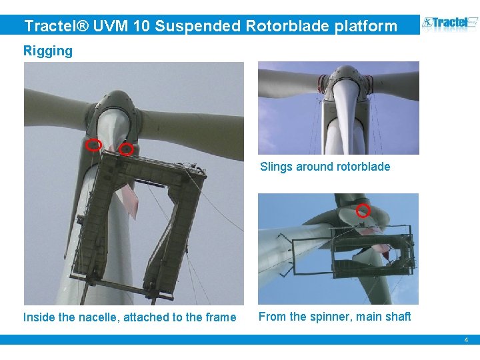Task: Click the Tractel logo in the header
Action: tap(450, 24)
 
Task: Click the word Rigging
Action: tap(48, 51)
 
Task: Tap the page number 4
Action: tap(466, 340)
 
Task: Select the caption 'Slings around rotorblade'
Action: tap(325, 167)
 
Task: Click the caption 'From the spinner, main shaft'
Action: tap(335, 317)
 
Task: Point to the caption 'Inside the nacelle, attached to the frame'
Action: tap(129, 317)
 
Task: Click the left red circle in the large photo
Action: tap(95, 145)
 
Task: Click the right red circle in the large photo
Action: tap(127, 150)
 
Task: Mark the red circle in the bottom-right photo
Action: tap(363, 211)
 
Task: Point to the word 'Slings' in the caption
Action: tap(276, 167)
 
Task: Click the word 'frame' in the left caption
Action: tap(221, 317)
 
